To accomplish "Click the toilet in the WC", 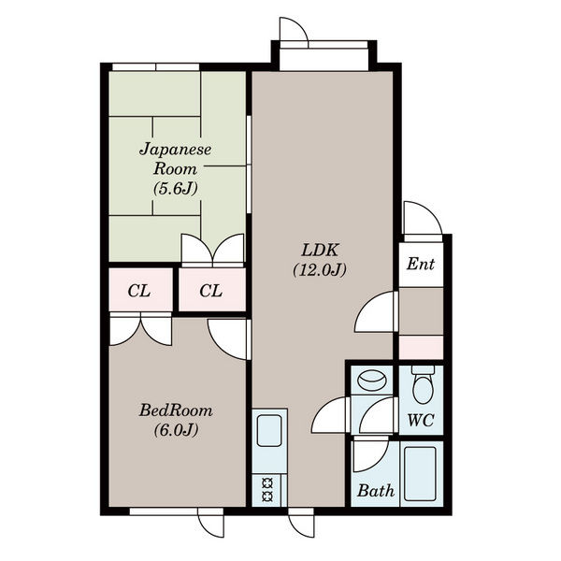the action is pyautogui.click(x=423, y=384).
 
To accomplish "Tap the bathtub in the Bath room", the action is pyautogui.click(x=420, y=474).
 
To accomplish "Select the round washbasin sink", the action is pyautogui.click(x=371, y=380).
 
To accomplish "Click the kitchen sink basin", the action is pyautogui.click(x=269, y=430).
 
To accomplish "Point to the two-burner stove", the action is pyautogui.click(x=267, y=490).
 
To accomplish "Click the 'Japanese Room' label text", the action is pyautogui.click(x=176, y=159).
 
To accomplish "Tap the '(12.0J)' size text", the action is pyautogui.click(x=320, y=270).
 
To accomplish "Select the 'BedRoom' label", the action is pyautogui.click(x=176, y=410).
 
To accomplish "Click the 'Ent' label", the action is pyautogui.click(x=421, y=264).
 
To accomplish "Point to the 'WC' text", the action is pyautogui.click(x=421, y=420).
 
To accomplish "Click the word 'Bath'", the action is pyautogui.click(x=376, y=491).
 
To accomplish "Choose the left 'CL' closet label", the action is pyautogui.click(x=139, y=291).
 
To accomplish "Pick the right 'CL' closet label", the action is pyautogui.click(x=211, y=291).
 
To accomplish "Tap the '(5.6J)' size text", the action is pyautogui.click(x=176, y=188).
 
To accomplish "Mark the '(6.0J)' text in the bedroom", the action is pyautogui.click(x=176, y=430).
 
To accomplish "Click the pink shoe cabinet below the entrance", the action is pyautogui.click(x=421, y=347).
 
